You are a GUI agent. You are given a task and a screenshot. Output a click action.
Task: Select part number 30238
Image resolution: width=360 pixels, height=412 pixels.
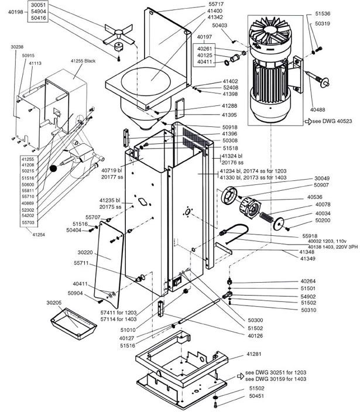[x=18, y=46]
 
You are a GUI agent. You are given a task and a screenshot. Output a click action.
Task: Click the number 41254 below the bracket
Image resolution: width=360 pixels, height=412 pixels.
[x=39, y=235]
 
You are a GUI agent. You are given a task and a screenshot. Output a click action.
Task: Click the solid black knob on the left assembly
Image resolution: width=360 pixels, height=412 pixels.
[x=54, y=169]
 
